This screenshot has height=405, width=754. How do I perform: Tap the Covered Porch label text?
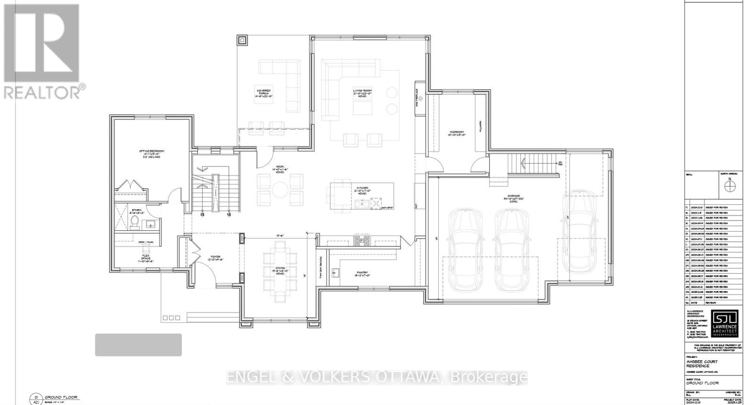point(263,92)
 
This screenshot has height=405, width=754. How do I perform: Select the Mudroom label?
point(456,133)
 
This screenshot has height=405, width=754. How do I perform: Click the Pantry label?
point(361,275)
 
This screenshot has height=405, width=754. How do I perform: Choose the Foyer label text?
point(215,258)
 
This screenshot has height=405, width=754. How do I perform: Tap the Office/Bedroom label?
point(151,154)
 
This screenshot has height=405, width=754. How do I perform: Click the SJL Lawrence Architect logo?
point(724,324)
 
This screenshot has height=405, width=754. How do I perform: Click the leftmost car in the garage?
point(465,250)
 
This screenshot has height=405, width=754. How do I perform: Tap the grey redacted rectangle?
point(139,345)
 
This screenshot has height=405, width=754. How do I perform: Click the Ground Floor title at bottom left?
point(61,397)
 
